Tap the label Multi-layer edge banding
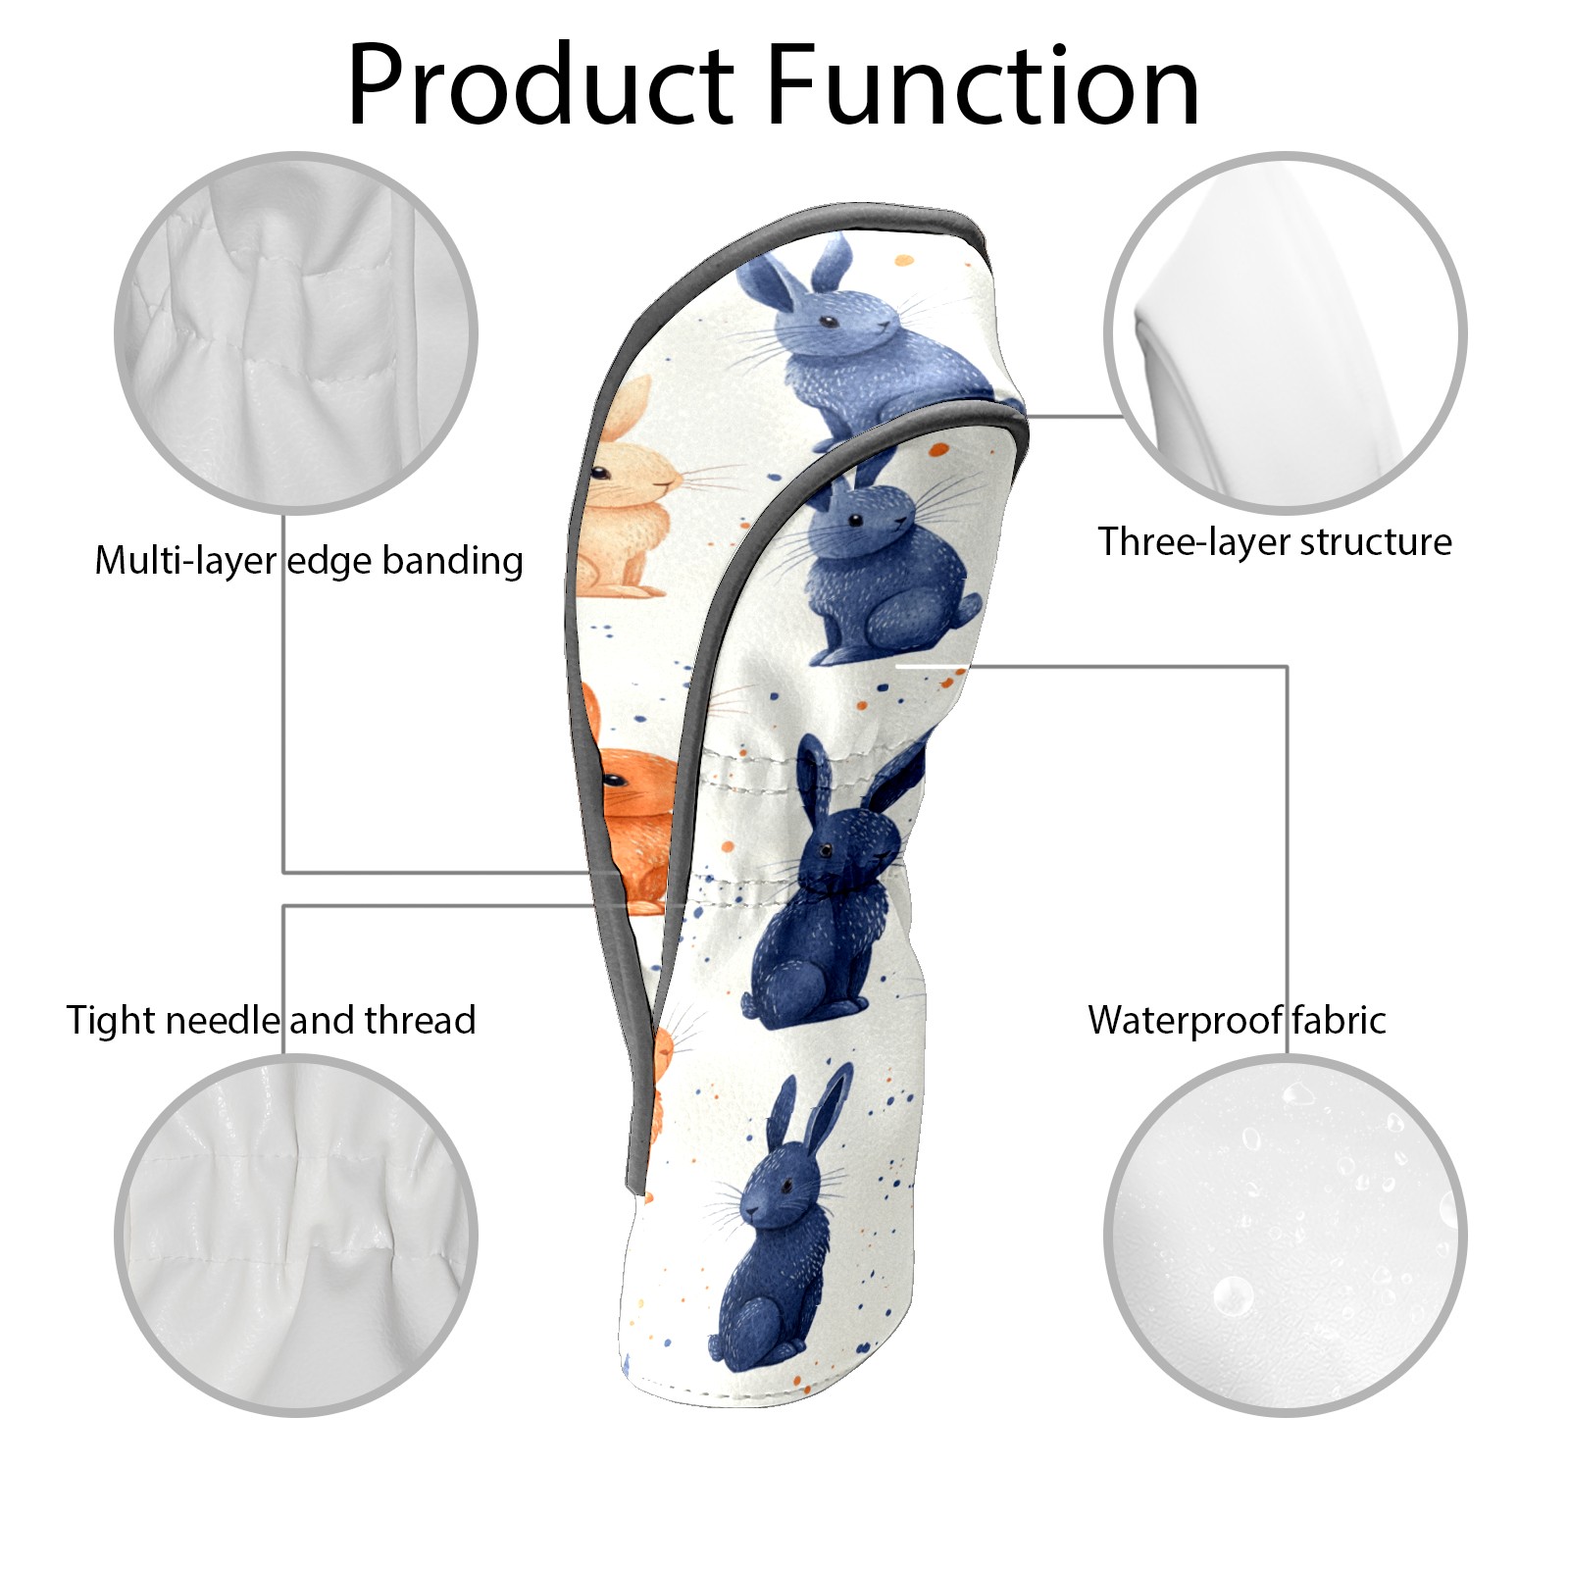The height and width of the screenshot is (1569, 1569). coord(309,561)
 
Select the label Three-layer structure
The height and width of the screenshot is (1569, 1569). coord(1274,542)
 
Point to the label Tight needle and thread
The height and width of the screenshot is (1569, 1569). coord(271,1021)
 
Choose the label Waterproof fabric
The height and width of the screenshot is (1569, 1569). coord(1237,1021)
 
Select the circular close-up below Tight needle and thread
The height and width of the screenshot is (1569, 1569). coord(296,1235)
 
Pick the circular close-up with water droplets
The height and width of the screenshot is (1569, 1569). coord(1285,1235)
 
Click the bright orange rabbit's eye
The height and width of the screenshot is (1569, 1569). coord(613,781)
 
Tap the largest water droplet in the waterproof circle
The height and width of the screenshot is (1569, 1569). coord(1232,1295)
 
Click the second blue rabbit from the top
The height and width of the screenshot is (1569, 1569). coord(883,569)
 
